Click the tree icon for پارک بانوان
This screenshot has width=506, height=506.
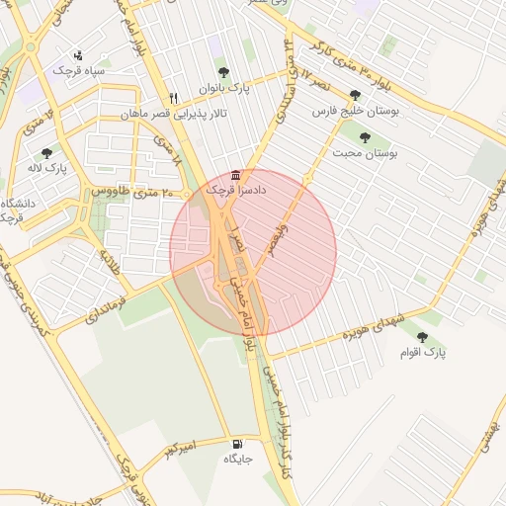tap(223, 72)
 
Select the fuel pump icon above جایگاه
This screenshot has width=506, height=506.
tap(237, 444)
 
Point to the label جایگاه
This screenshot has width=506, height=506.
tap(239, 459)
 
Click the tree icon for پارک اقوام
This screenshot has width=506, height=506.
tap(423, 337)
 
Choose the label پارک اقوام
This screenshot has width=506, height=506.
tap(424, 352)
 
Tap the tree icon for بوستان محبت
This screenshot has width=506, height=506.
tap(365, 138)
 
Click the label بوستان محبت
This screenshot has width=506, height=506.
tap(364, 153)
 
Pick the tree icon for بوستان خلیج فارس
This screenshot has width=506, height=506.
tap(354, 97)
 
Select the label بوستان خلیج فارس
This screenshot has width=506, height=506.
tap(354, 112)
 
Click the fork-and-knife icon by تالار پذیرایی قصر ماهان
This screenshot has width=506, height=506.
tap(175, 99)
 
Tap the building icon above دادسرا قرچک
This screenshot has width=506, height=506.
tap(234, 174)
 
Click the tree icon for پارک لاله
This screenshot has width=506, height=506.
tap(46, 153)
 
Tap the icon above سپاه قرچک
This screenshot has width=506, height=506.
tap(79, 55)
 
